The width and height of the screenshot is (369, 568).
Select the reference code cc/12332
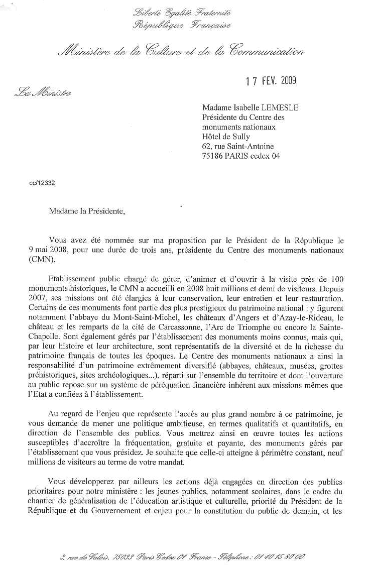43,183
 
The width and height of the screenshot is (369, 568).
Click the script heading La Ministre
43,92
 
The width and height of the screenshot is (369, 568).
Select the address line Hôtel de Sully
226,136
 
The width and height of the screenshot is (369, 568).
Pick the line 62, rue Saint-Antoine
238,146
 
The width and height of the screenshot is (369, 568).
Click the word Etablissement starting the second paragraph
72,278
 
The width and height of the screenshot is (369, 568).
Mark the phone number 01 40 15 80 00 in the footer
278,556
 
